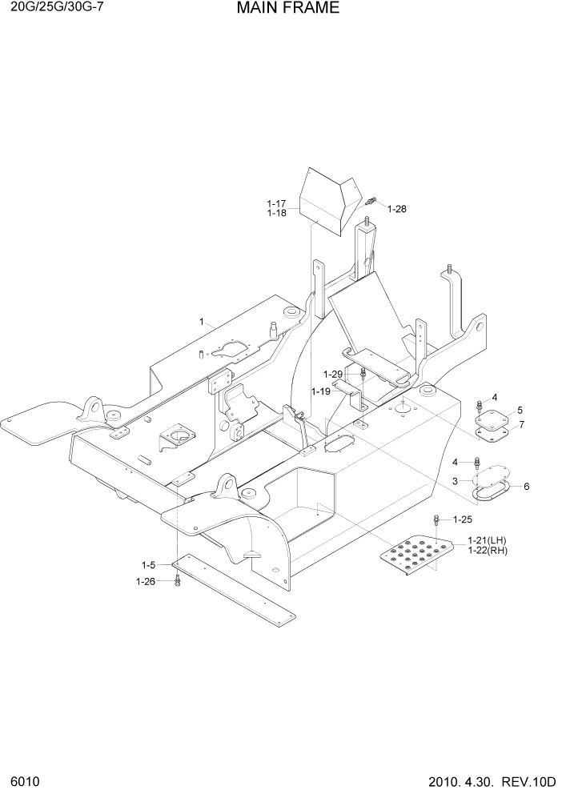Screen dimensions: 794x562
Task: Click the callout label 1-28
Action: tap(396, 209)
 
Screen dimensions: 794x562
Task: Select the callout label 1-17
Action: tap(276, 204)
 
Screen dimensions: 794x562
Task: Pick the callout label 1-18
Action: tap(276, 214)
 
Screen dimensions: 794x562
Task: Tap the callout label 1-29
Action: tap(333, 375)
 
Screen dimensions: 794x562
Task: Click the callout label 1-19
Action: tap(321, 391)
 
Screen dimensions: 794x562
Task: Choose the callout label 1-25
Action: tap(464, 519)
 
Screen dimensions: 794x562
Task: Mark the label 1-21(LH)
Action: tap(488, 541)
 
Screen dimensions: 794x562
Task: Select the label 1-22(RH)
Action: tap(488, 551)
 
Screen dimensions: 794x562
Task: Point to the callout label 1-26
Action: tap(146, 581)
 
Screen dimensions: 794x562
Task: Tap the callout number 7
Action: tap(520, 423)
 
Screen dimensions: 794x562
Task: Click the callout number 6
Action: tap(525, 486)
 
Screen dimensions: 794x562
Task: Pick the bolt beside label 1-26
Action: tap(177, 581)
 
